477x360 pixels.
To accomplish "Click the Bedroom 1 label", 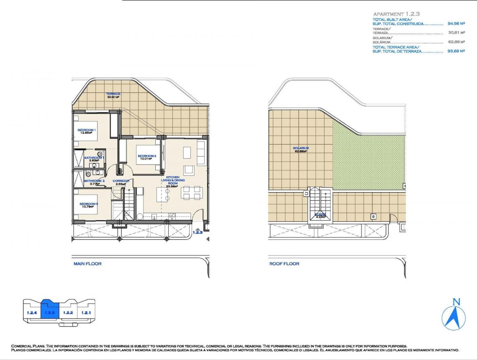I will [x=87, y=130].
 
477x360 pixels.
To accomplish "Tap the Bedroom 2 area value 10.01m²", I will [x=147, y=159].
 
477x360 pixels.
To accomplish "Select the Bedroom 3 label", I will [x=88, y=204].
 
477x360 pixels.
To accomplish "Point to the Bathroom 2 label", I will [x=94, y=181].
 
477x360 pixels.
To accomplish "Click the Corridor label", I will [x=121, y=181].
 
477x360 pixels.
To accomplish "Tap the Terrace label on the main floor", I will [x=113, y=94].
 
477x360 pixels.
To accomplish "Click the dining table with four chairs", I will [x=192, y=193].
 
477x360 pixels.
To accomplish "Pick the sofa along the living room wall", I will [x=201, y=153].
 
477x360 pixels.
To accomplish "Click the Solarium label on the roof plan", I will [x=300, y=148].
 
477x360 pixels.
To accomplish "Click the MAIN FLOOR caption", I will [x=87, y=264].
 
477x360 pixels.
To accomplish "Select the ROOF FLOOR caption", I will [x=284, y=264].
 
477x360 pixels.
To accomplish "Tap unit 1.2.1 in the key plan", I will [x=86, y=312].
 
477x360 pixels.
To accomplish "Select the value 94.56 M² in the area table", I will [x=456, y=24].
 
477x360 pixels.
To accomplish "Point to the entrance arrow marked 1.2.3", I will [x=197, y=230].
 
